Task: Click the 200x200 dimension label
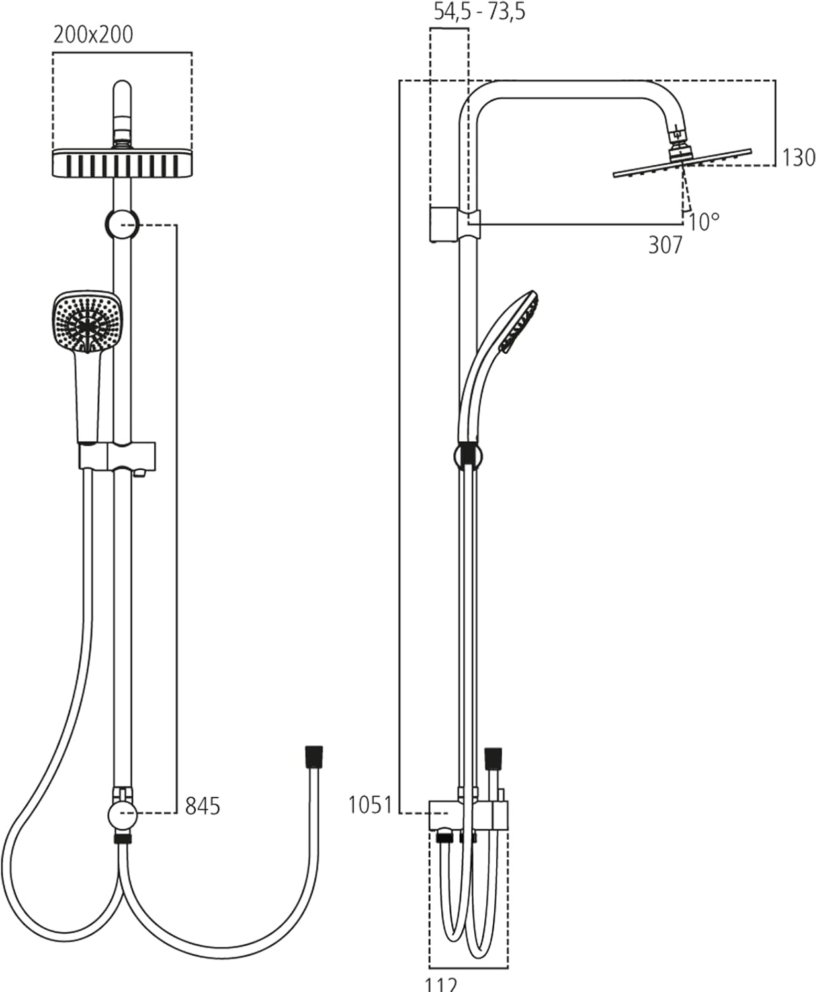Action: pos(93,34)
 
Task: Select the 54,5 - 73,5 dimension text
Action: pos(479,12)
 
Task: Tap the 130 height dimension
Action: pos(798,158)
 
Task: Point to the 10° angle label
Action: pos(703,222)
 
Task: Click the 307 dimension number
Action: pos(665,245)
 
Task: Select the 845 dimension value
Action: pos(202,806)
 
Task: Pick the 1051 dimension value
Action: pos(370,806)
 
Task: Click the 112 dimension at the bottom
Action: pos(441,984)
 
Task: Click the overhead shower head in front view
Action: pos(122,163)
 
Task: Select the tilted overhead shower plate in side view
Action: pos(682,163)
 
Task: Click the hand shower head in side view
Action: pos(520,321)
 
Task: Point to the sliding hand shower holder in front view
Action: pos(118,456)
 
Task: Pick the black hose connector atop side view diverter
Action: pos(494,759)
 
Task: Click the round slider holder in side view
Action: pos(468,455)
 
